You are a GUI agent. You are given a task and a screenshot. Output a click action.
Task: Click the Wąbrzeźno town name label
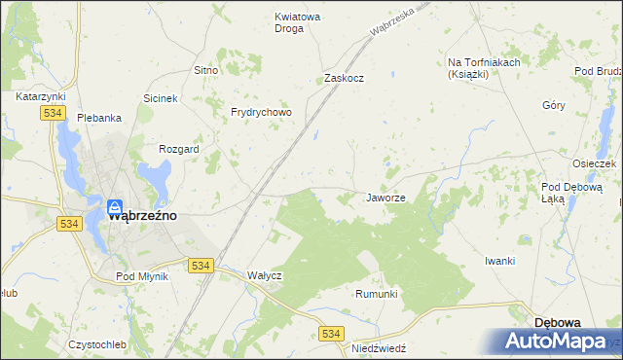pyautogui.click(x=142, y=217)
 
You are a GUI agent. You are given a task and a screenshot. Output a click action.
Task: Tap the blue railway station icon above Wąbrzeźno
pyautogui.click(x=114, y=206)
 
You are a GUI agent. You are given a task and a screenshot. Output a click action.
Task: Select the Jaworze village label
pyautogui.click(x=385, y=198)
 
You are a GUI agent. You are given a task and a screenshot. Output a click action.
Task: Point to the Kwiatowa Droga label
pyautogui.click(x=289, y=22)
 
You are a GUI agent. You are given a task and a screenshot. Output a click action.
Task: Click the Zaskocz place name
pyautogui.click(x=344, y=78)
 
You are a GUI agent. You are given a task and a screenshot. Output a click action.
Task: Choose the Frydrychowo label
pyautogui.click(x=261, y=112)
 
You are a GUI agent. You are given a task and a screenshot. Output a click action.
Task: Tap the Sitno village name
pyautogui.click(x=205, y=71)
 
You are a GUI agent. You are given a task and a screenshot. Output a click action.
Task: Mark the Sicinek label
pyautogui.click(x=161, y=99)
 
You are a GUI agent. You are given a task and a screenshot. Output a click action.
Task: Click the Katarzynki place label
pyautogui.click(x=41, y=97)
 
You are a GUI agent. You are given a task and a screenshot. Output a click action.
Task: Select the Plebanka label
pyautogui.click(x=99, y=118)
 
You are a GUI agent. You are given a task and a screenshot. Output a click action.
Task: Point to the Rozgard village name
pyautogui.click(x=179, y=150)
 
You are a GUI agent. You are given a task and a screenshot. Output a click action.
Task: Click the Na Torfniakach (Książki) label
pyautogui.click(x=484, y=68)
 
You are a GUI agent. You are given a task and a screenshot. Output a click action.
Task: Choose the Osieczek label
pyautogui.click(x=595, y=163)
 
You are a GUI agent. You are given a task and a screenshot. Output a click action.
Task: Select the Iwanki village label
pyautogui.click(x=499, y=261)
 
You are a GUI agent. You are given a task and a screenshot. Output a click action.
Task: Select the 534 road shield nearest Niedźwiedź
pyautogui.click(x=331, y=334)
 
